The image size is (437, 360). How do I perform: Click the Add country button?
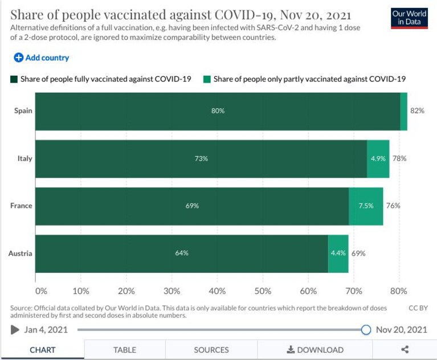tap(41, 58)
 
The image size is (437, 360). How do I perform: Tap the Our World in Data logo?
tap(409, 18)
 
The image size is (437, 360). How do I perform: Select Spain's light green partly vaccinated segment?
tap(403, 112)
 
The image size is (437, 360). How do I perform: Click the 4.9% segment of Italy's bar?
tap(378, 159)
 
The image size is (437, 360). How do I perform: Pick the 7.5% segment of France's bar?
tap(366, 206)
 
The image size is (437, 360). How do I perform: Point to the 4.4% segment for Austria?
tap(338, 254)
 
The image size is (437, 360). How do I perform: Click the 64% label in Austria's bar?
tap(182, 253)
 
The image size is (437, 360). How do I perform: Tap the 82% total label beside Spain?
tap(417, 111)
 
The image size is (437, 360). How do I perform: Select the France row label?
tap(21, 206)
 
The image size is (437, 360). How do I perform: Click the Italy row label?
tap(25, 158)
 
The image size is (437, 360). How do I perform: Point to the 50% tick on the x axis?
tap(263, 291)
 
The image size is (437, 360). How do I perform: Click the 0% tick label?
tap(41, 291)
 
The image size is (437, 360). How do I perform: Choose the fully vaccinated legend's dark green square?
tap(14, 79)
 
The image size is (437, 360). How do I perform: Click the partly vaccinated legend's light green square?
tap(207, 79)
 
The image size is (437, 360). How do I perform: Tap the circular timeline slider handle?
tap(366, 330)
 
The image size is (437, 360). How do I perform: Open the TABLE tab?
tap(125, 350)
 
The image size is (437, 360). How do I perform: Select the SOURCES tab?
tap(211, 350)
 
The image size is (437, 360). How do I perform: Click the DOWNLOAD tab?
tap(315, 350)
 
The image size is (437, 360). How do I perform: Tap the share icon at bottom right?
tap(405, 349)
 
